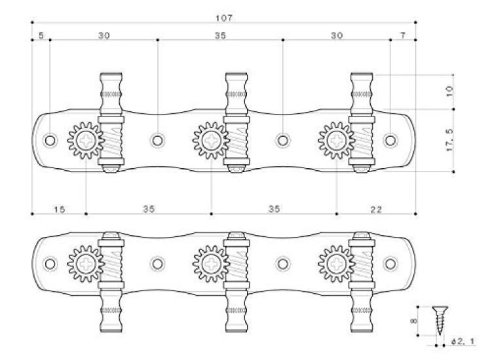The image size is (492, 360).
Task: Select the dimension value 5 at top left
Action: pyautogui.click(x=41, y=35)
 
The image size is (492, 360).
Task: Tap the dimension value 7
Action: pyautogui.click(x=402, y=35)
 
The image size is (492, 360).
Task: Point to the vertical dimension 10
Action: pyautogui.click(x=449, y=92)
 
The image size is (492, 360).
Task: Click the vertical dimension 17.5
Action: pyautogui.click(x=449, y=140)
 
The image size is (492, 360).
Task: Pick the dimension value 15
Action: pyautogui.click(x=59, y=209)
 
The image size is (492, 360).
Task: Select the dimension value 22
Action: pyautogui.click(x=376, y=209)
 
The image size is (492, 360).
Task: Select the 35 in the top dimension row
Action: pyautogui.click(x=220, y=35)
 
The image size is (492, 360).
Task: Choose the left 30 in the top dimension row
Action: pyautogui.click(x=104, y=35)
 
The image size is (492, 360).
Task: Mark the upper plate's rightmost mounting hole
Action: pyautogui.click(x=390, y=140)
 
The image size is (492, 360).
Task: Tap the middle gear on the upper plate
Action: pyautogui.click(x=211, y=140)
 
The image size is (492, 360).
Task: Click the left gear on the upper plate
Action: pyautogui.click(x=86, y=140)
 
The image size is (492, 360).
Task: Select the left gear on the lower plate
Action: pyautogui.click(x=86, y=264)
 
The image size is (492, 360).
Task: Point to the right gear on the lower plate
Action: pyautogui.click(x=336, y=264)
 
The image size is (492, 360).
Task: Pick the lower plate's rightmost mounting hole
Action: pyautogui.click(x=390, y=264)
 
